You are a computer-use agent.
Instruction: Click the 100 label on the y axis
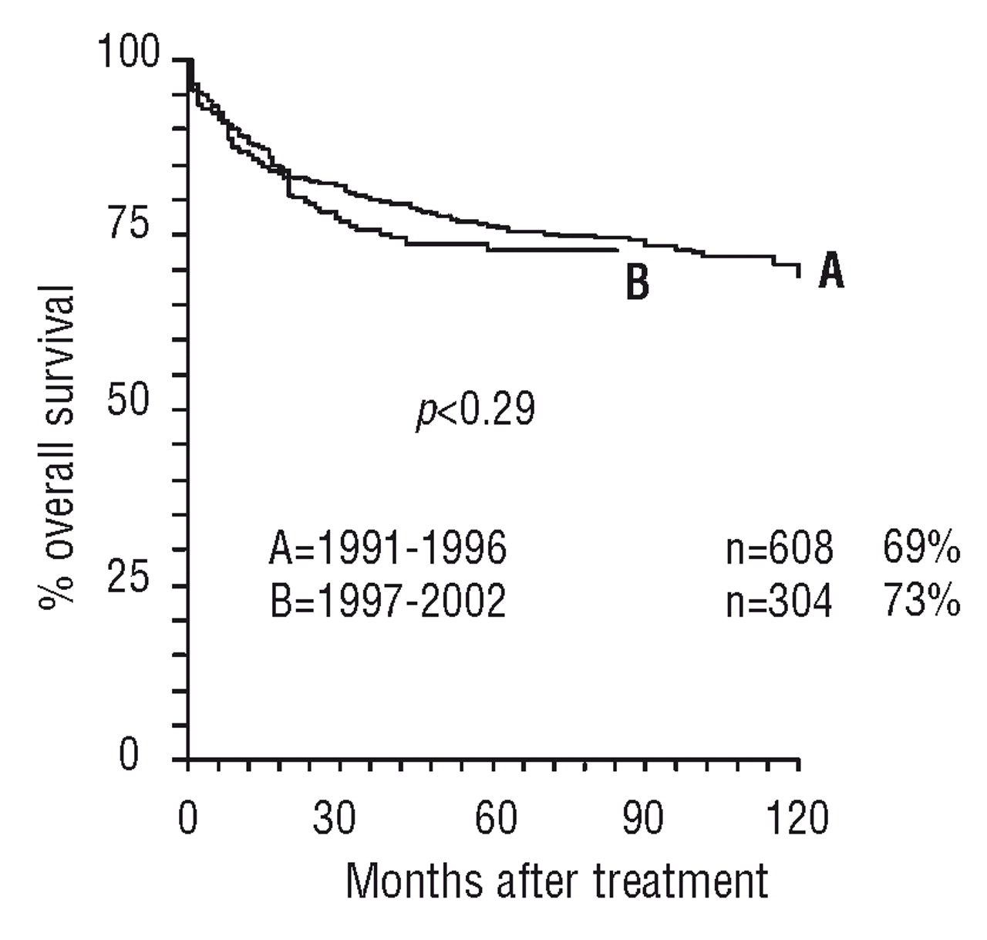[x=129, y=52]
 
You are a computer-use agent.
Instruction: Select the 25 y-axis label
[x=129, y=577]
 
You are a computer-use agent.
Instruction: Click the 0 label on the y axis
[x=129, y=754]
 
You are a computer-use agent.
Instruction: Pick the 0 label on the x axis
[x=187, y=817]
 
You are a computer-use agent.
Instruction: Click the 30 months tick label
[x=335, y=817]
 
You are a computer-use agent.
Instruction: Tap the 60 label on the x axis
[x=496, y=817]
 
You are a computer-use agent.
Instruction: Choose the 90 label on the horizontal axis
[x=643, y=817]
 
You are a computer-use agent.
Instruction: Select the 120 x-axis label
[x=799, y=817]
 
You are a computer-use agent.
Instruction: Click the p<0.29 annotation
[x=476, y=409]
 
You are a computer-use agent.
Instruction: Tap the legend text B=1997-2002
[x=388, y=601]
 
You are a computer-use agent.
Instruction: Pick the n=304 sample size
[x=779, y=601]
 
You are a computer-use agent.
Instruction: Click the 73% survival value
[x=921, y=601]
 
